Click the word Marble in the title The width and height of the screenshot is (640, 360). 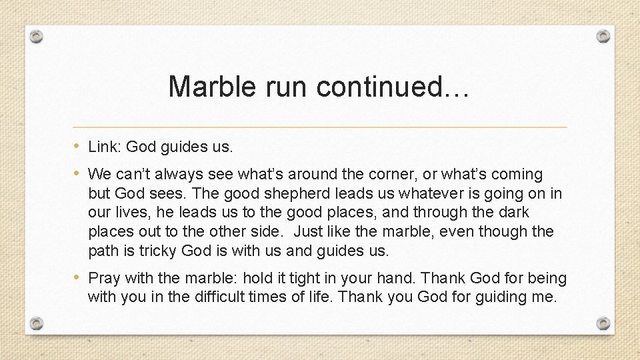click(207, 87)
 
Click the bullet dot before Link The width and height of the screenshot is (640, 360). click(77, 146)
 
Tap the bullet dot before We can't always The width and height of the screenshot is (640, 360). click(77, 174)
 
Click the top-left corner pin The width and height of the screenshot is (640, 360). click(37, 36)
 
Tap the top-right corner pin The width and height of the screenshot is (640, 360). click(603, 36)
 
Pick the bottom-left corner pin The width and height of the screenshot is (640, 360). click(37, 323)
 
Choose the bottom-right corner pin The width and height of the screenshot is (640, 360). click(603, 323)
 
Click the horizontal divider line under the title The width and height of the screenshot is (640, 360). click(320, 127)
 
